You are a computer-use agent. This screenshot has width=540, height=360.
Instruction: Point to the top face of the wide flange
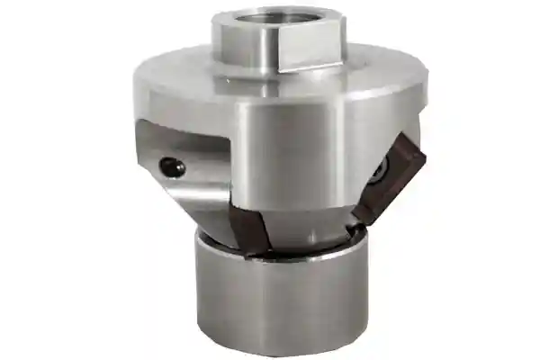click(180, 72)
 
